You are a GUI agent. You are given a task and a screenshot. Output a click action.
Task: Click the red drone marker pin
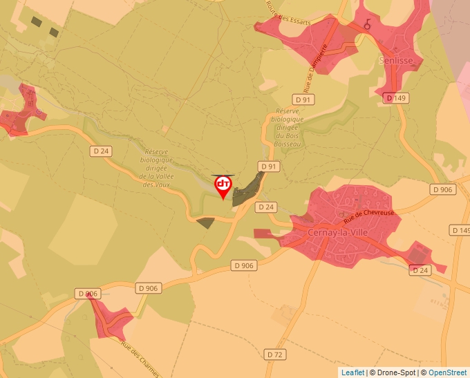pos(223,185)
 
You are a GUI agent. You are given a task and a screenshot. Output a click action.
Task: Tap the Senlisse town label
pos(396,61)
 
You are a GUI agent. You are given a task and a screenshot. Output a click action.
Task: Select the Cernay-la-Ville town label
pos(339,232)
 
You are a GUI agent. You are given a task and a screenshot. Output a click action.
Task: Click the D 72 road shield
pos(275,355)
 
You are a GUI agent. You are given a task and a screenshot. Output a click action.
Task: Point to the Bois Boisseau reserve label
pos(286,127)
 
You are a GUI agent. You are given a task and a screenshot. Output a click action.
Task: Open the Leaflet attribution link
pos(352,372)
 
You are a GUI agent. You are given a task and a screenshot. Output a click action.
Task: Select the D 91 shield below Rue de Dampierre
pos(303,100)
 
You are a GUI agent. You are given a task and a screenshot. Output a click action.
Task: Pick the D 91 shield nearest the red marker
pos(268,167)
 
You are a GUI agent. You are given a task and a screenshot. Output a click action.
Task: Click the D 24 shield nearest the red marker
pos(266,207)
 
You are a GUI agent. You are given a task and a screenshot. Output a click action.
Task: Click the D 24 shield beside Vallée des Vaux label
pos(101,150)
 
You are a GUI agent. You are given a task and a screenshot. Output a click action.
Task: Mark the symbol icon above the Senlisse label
pos(368,24)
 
